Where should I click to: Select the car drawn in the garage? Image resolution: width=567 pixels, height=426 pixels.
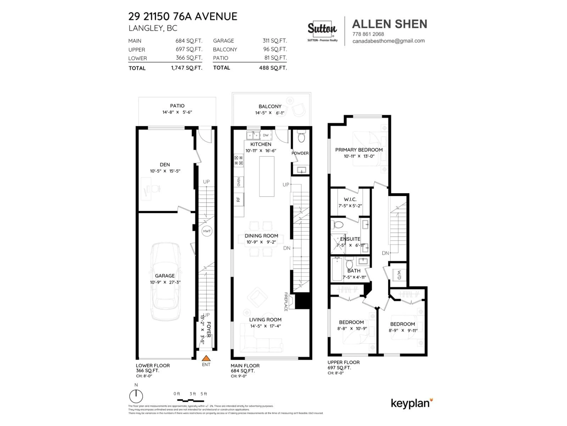(x=165, y=281)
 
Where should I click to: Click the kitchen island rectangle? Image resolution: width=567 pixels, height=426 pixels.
(x=267, y=176)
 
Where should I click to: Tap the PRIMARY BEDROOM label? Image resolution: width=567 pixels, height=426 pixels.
(x=359, y=150)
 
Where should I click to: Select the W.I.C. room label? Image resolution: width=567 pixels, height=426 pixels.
(x=350, y=199)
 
